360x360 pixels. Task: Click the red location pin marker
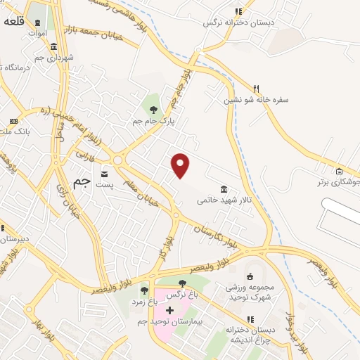click(181, 165)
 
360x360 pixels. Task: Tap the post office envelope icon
click(105, 173)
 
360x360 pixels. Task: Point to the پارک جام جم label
click(153, 120)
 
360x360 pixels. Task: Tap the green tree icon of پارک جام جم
click(154, 109)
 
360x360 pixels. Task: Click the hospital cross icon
click(169, 309)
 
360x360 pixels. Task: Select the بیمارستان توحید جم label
click(169, 321)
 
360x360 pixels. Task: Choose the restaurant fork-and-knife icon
click(257, 89)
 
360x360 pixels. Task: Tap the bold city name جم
click(82, 181)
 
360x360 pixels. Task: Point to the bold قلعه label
click(15, 21)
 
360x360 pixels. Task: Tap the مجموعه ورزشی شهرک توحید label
click(250, 292)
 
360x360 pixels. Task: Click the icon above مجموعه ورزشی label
click(250, 275)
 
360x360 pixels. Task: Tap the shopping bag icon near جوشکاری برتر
click(339, 172)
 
